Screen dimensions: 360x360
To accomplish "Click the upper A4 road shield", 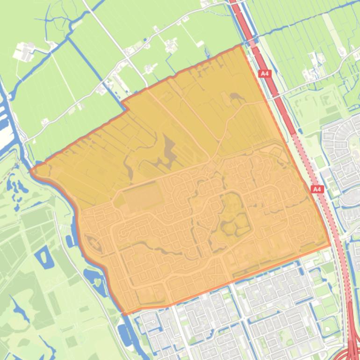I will pyautogui.click(x=265, y=73).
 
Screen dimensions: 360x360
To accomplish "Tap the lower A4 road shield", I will pyautogui.click(x=317, y=189).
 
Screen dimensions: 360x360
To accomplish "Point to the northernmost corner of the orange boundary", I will pyautogui.click(x=241, y=45).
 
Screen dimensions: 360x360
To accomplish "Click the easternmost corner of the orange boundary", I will pyautogui.click(x=331, y=245).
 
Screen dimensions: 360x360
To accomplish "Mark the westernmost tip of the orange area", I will pyautogui.click(x=31, y=171).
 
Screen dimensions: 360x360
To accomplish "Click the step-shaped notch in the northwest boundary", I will pyautogui.click(x=125, y=107).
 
